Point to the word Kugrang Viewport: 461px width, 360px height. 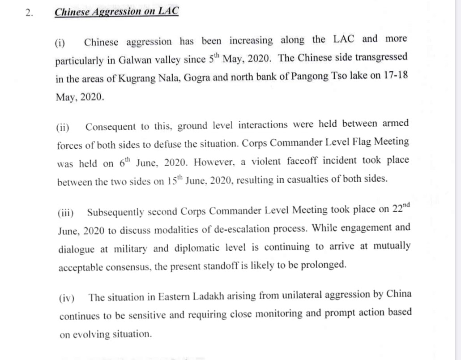[137, 79]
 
